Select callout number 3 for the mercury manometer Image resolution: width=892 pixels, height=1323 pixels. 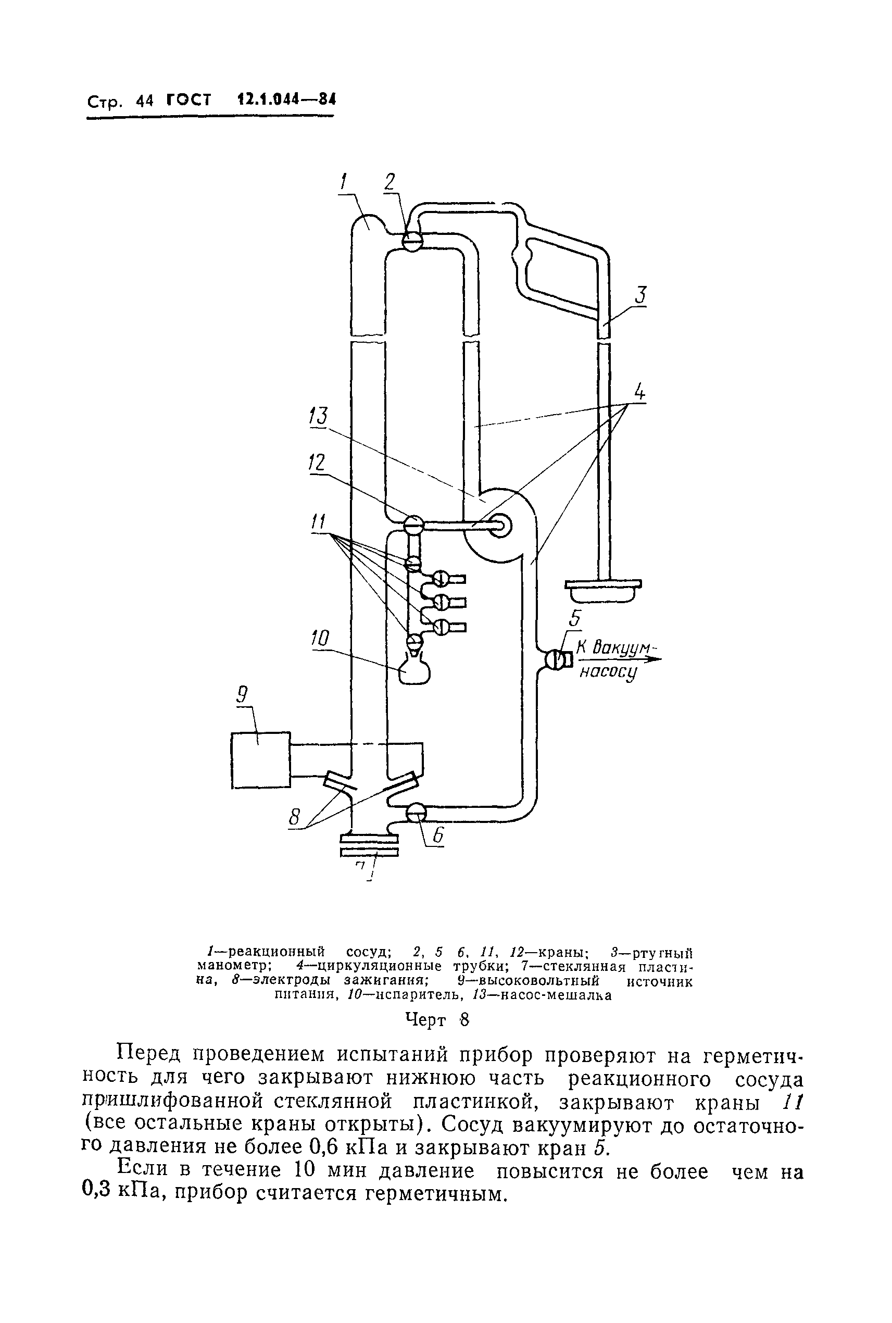click(640, 295)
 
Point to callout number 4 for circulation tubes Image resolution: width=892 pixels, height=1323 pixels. click(640, 392)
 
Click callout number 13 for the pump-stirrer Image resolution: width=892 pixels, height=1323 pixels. click(319, 416)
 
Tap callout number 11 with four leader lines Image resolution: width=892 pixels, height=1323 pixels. click(318, 521)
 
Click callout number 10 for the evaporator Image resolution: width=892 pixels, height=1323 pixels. click(320, 639)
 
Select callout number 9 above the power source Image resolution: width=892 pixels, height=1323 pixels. click(242, 695)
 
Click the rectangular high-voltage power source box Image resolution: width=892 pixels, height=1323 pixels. click(261, 759)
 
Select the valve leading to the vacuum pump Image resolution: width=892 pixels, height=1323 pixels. click(554, 660)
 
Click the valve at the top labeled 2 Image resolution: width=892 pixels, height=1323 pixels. click(411, 241)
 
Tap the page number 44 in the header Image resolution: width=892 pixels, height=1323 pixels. click(145, 101)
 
